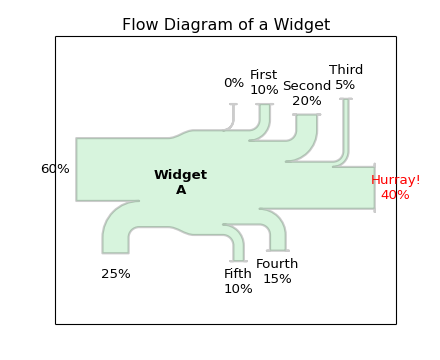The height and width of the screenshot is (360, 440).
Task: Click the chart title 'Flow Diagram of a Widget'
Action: [226, 25]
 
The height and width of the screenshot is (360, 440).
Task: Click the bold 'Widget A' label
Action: [181, 182]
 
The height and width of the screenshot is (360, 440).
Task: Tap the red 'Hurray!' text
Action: [396, 180]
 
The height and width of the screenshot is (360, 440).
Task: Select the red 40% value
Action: [395, 195]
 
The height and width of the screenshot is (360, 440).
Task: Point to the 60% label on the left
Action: [55, 169]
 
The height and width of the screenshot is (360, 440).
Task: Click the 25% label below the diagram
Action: [116, 274]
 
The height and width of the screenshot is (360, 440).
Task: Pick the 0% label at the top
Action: [234, 83]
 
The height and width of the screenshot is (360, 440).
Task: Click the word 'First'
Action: [264, 75]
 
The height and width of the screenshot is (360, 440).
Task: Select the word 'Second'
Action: [307, 86]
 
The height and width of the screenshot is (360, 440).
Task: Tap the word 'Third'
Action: [346, 70]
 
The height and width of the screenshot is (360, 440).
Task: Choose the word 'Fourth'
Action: [277, 264]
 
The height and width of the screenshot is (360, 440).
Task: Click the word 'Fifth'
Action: [238, 274]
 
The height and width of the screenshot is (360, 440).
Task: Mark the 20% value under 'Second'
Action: [307, 101]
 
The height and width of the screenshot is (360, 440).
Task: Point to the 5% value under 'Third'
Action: [345, 85]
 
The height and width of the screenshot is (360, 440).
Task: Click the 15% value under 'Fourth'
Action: [277, 279]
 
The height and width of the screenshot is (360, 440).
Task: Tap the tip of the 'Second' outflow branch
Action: [307, 117]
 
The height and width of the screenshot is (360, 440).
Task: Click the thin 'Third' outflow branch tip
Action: [345, 101]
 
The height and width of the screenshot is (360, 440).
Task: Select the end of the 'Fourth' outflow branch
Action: [278, 248]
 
